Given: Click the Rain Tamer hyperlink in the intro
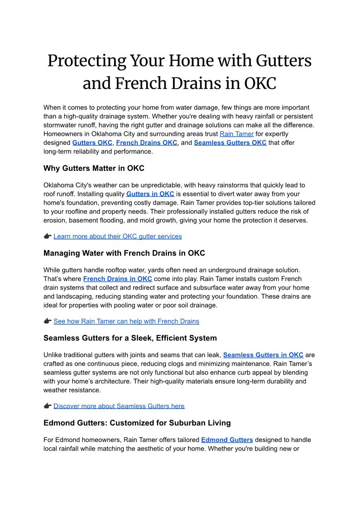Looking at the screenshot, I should click(x=236, y=134).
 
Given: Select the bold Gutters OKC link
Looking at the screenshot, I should click(x=92, y=142).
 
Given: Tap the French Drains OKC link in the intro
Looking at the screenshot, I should click(x=147, y=142).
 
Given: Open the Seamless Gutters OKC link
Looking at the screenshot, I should click(x=230, y=142).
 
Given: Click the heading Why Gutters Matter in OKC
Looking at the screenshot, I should click(x=94, y=168).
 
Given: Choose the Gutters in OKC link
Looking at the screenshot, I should click(x=150, y=194).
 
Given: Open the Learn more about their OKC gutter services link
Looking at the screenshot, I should click(x=117, y=236).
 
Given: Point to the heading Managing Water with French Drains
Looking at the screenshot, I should click(x=124, y=253).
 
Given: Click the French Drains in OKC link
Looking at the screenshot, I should click(x=117, y=279).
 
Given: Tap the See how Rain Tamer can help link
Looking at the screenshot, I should click(x=126, y=321).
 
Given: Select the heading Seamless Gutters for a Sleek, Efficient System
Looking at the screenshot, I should click(x=130, y=338).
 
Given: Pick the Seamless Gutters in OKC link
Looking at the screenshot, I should click(x=263, y=355).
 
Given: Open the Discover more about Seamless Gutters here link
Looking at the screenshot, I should click(x=119, y=406).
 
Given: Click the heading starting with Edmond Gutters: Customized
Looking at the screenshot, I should click(x=137, y=423).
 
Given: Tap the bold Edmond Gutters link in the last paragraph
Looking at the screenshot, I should click(x=227, y=440).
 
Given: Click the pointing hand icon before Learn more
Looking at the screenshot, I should click(x=48, y=236).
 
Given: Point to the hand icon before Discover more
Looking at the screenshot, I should click(x=48, y=406).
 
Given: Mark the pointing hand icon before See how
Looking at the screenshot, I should click(x=48, y=321).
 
